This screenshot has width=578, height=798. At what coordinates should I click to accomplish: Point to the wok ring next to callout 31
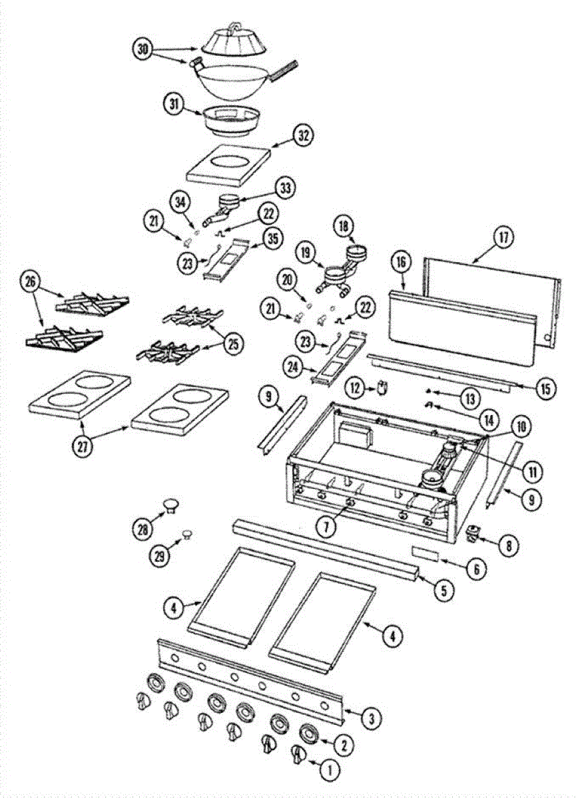232,120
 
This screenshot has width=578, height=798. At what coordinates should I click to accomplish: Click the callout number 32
303,136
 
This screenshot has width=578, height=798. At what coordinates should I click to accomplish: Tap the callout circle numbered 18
346,226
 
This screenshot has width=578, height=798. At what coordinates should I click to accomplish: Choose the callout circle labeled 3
372,717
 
